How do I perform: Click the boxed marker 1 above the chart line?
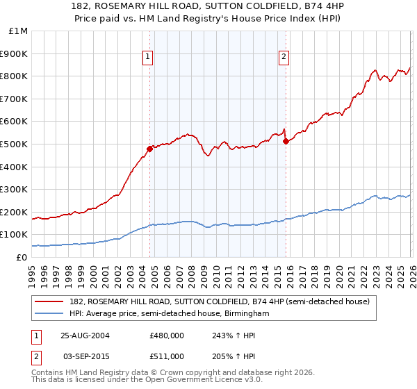coord(149,58)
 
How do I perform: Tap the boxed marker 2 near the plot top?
coord(284,58)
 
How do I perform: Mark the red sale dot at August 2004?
coord(149,149)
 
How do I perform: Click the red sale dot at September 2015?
coord(286,142)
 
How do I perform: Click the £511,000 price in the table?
coord(167,356)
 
